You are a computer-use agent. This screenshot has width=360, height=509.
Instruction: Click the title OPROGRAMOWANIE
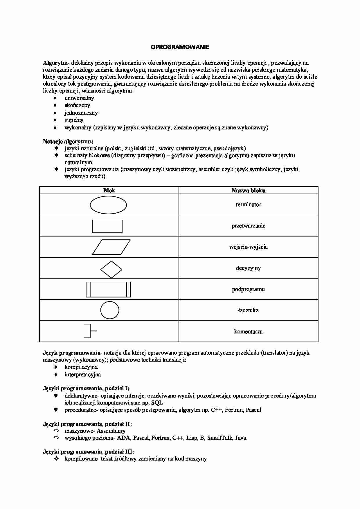click(180, 47)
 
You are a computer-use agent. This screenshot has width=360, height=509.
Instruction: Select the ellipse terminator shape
click(108, 205)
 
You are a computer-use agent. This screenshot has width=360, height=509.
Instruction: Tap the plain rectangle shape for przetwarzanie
click(107, 226)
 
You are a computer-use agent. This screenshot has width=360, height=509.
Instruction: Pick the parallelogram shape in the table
click(111, 247)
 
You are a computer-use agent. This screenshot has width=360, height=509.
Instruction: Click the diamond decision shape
click(111, 270)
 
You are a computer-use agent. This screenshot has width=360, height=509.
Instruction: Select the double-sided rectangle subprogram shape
click(108, 289)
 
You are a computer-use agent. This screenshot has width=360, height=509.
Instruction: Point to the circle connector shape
click(110, 310)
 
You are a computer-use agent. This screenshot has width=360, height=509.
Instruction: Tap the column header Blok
click(109, 191)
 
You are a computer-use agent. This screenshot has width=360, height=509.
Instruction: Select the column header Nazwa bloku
click(248, 191)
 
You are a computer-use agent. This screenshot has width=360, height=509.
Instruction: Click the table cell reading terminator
click(248, 205)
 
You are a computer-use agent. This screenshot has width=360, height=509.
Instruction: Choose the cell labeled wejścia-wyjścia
click(248, 247)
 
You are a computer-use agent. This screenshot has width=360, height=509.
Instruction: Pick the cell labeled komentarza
click(248, 332)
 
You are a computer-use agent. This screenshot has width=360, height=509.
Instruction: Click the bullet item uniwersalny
click(79, 98)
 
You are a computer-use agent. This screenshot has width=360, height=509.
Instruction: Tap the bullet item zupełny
click(74, 120)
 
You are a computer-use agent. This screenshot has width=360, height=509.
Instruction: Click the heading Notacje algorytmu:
click(68, 142)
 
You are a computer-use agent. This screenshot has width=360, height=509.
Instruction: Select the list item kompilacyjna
click(81, 367)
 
